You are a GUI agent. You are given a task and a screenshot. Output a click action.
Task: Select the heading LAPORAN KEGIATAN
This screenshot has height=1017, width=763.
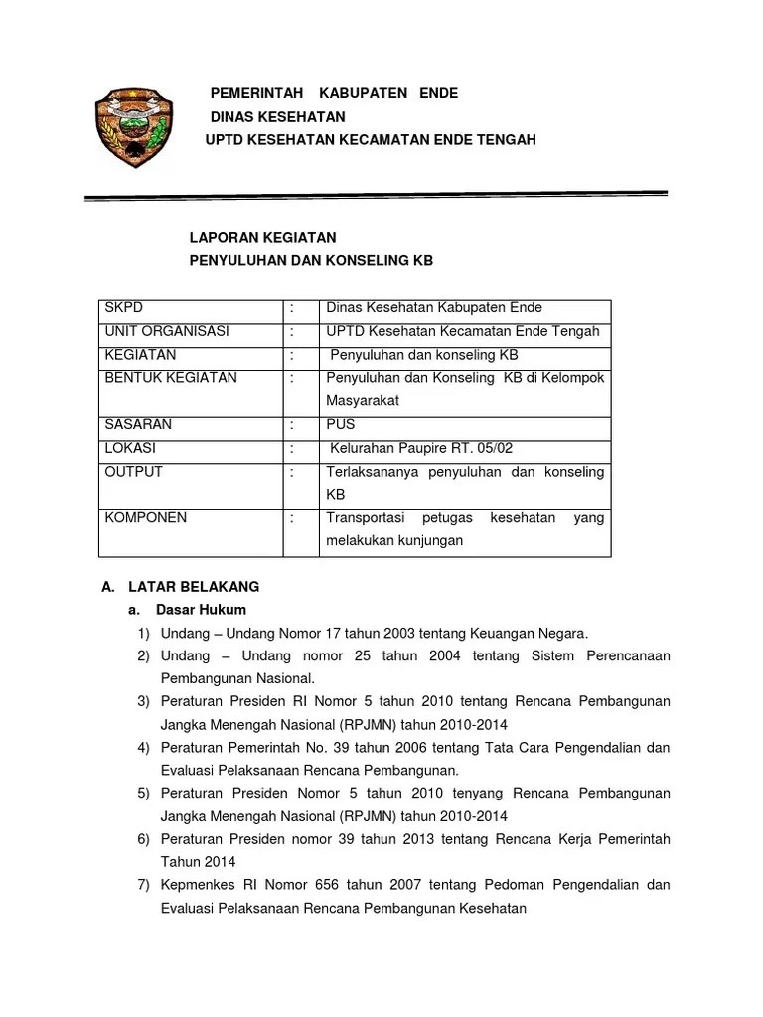point(263,238)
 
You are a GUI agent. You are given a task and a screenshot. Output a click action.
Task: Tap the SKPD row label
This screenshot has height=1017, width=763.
point(124,308)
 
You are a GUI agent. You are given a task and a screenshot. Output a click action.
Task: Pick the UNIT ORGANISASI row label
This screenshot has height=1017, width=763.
point(166,332)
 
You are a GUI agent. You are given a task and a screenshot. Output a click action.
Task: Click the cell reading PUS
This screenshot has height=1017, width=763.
point(340,424)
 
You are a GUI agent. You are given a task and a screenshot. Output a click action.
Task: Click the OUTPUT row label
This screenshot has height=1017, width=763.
point(133,472)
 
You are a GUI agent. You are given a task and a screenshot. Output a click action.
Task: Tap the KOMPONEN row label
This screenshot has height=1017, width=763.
point(145,518)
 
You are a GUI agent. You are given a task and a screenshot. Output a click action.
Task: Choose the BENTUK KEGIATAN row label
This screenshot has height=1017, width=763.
point(170,378)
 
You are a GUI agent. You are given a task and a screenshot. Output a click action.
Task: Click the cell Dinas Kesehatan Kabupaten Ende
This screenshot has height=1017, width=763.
point(434,308)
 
